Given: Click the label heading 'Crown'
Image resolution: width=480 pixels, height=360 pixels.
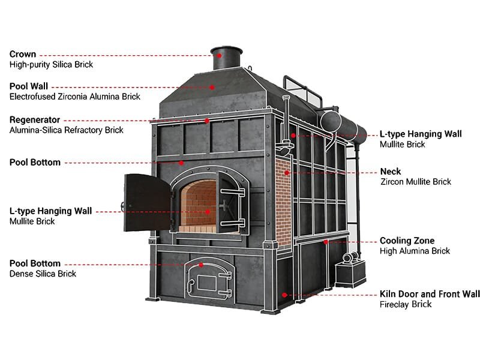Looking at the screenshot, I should [x=23, y=55].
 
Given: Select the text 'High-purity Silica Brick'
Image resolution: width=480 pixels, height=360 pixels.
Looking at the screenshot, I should [x=51, y=64].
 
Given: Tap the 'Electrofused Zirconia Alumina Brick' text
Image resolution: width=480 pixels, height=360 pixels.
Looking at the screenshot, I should [x=74, y=97].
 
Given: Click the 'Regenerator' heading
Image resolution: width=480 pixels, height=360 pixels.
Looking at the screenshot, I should [x=35, y=120].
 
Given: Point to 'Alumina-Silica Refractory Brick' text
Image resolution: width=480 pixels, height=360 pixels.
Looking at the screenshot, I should [x=66, y=130].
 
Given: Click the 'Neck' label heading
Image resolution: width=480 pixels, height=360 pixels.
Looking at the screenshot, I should [x=390, y=172].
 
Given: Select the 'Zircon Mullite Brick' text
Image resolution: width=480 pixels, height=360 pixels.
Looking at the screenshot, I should [x=415, y=182].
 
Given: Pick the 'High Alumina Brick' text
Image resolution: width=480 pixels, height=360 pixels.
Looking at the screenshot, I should [x=415, y=251].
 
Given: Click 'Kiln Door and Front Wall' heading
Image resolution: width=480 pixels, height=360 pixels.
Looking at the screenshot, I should [x=430, y=294].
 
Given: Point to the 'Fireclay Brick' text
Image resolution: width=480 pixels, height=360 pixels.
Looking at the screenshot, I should [x=406, y=304].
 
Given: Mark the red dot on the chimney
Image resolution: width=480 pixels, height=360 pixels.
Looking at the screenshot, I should [x=220, y=55].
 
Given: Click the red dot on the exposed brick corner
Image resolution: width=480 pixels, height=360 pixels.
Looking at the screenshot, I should [x=287, y=172].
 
